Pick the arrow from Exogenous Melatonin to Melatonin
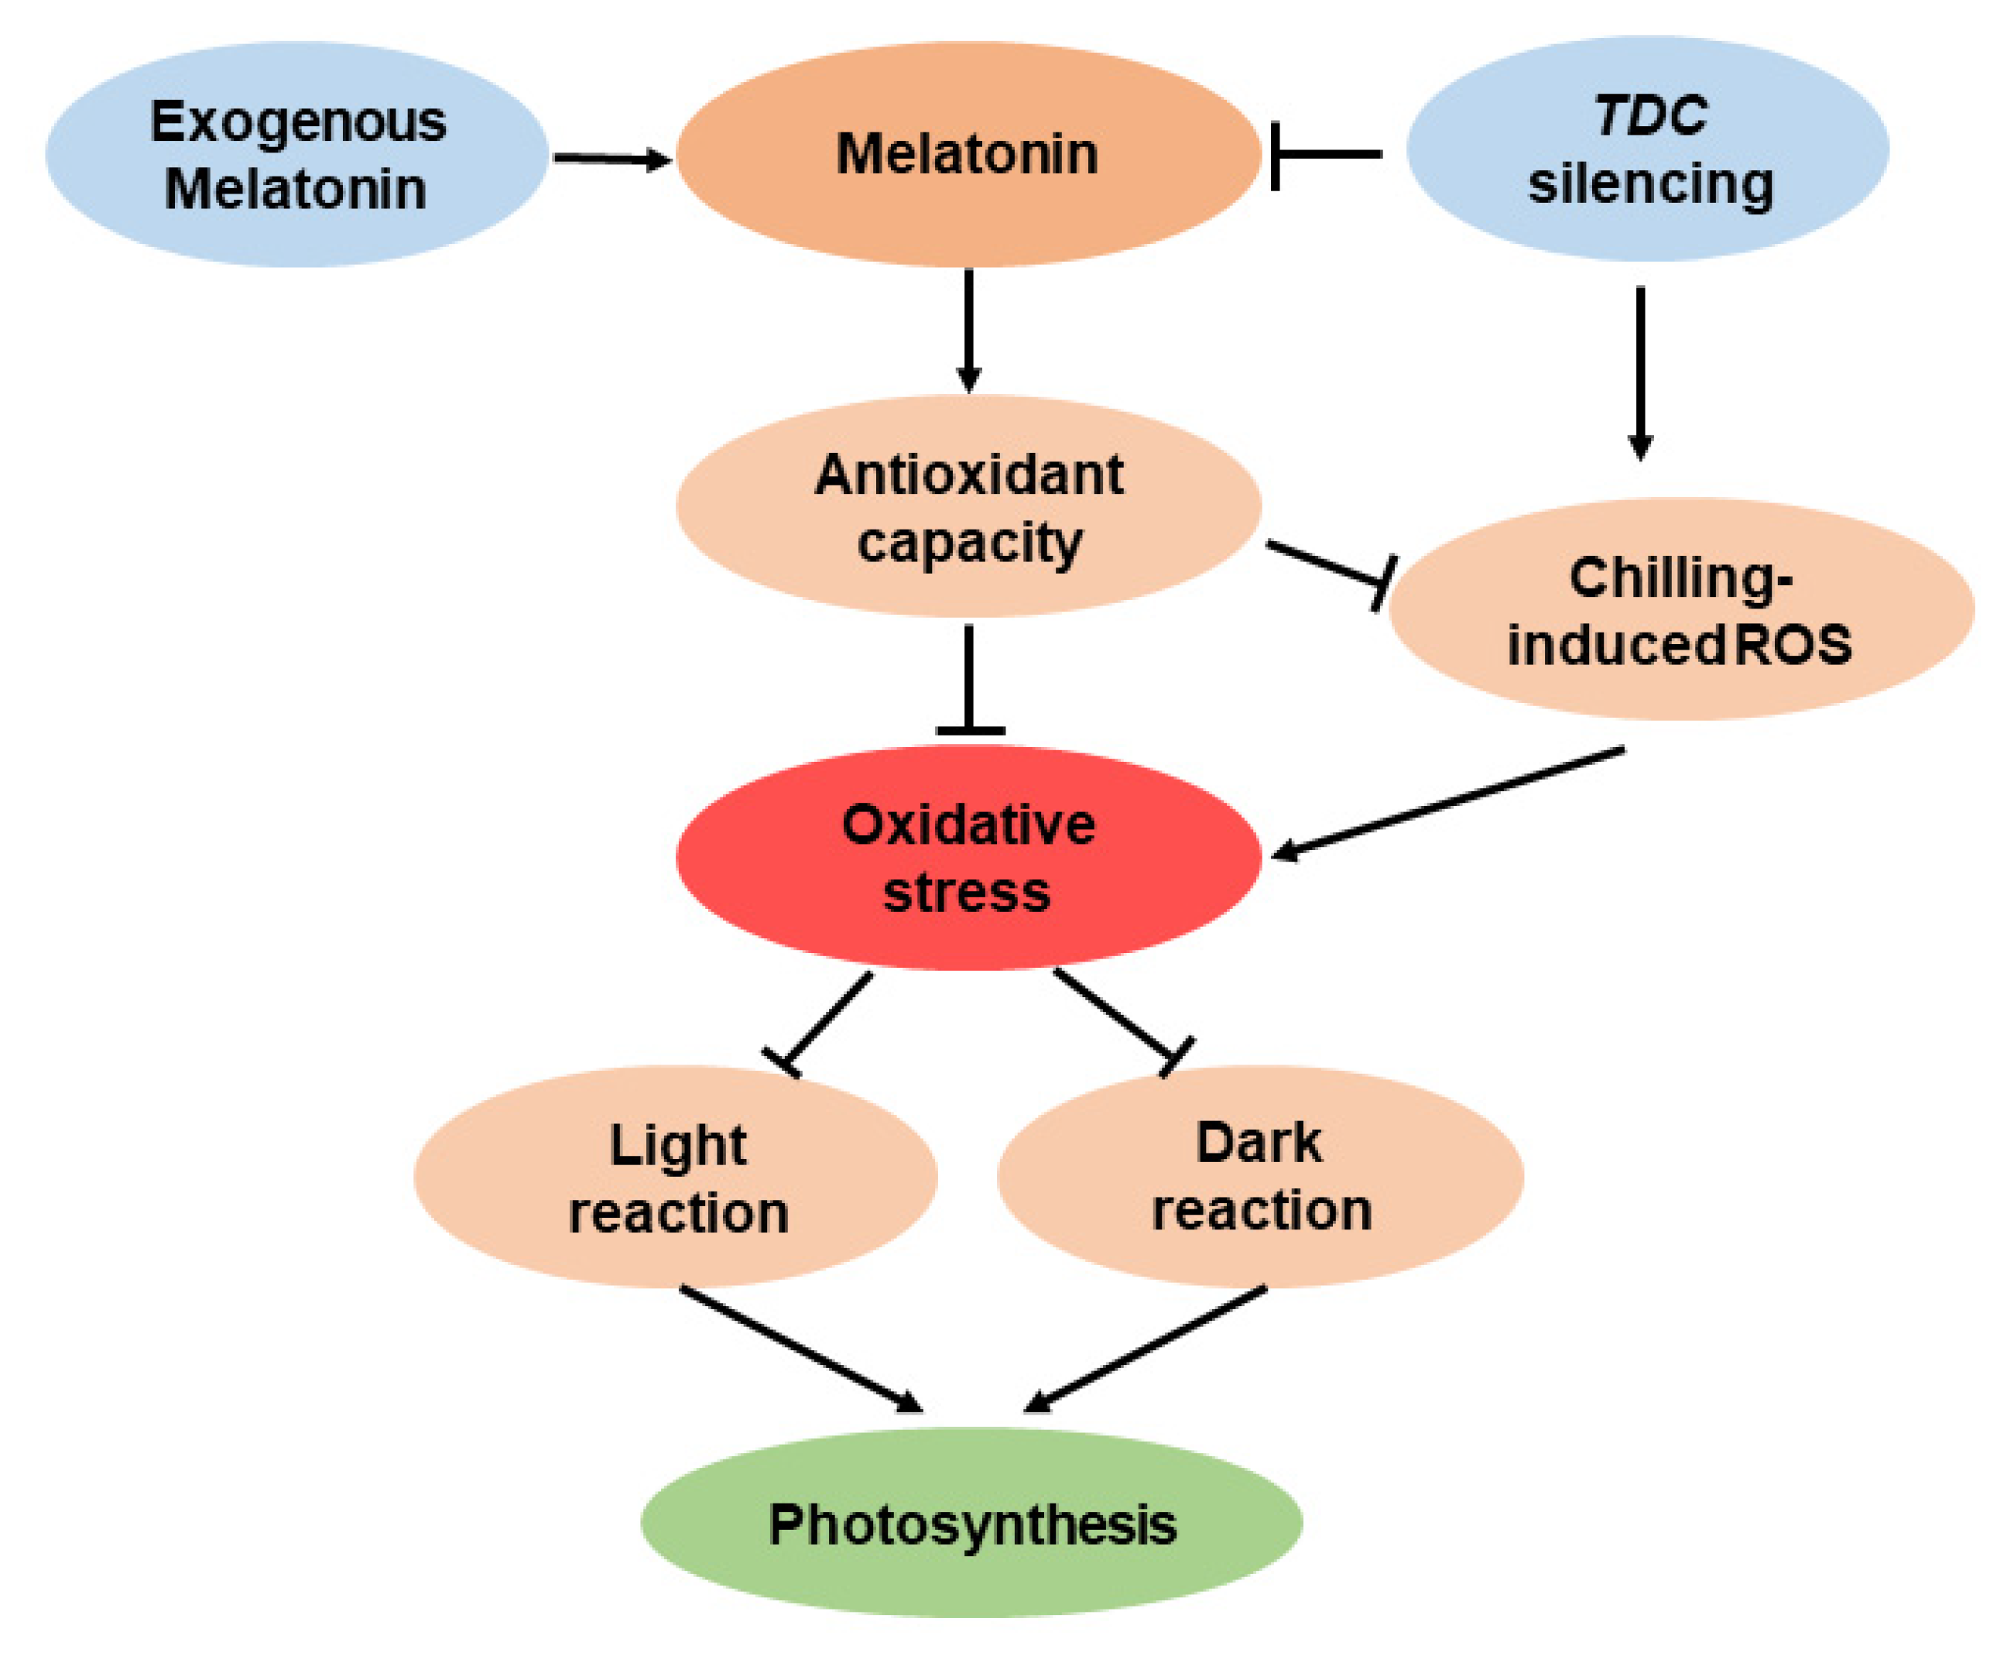coord(610,159)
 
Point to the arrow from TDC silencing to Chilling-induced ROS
coord(1640,372)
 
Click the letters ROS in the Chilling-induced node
coord(1793,644)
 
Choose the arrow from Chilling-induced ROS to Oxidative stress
coord(1450,801)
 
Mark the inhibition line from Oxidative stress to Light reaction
coord(825,1023)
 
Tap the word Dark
coord(1259,1143)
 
